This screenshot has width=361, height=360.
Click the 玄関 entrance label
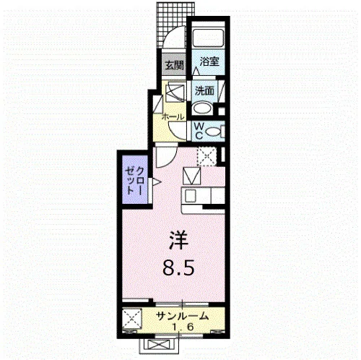click(174, 65)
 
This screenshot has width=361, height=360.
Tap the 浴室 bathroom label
click(209, 61)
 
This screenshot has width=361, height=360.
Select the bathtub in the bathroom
click(209, 38)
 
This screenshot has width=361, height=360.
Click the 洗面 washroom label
click(204, 91)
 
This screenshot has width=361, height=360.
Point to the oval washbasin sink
click(203, 109)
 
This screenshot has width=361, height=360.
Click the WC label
click(199, 131)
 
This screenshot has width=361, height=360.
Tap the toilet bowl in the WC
click(214, 132)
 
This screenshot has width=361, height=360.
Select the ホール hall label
click(173, 117)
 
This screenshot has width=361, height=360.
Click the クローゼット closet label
click(134, 181)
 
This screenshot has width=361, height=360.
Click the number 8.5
click(178, 267)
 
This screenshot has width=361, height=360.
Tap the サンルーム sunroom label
click(182, 316)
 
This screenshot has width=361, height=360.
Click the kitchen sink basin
click(191, 196)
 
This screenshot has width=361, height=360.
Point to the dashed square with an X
click(207, 156)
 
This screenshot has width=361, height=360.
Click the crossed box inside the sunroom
click(131, 319)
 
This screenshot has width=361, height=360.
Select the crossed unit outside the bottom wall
click(160, 346)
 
